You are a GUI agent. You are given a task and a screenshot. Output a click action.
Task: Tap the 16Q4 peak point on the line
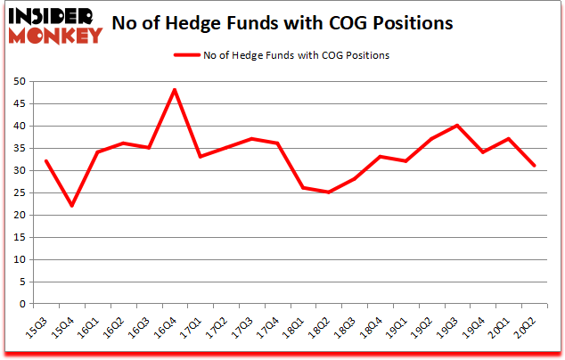175,89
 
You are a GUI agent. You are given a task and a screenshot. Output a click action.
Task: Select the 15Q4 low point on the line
70,206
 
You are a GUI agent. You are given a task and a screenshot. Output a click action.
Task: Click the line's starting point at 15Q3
45,161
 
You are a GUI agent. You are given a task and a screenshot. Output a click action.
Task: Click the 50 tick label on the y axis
18,81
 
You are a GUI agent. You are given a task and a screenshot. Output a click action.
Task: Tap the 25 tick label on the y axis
18,192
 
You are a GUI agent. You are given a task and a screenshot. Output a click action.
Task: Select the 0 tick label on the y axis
20,304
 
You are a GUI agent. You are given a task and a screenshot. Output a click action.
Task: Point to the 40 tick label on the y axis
18,126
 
